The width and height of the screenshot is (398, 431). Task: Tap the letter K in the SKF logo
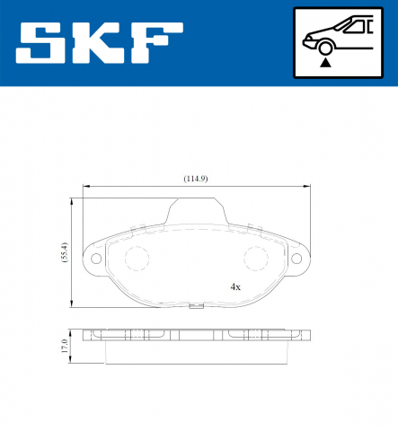(x=101, y=42)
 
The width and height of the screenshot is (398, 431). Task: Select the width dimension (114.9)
(x=195, y=179)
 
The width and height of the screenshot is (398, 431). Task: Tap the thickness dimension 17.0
(x=64, y=347)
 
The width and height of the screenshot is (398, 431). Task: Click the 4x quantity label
(x=235, y=287)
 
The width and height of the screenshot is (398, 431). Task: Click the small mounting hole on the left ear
(x=95, y=260)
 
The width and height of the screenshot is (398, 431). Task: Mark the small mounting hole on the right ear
(x=297, y=260)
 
